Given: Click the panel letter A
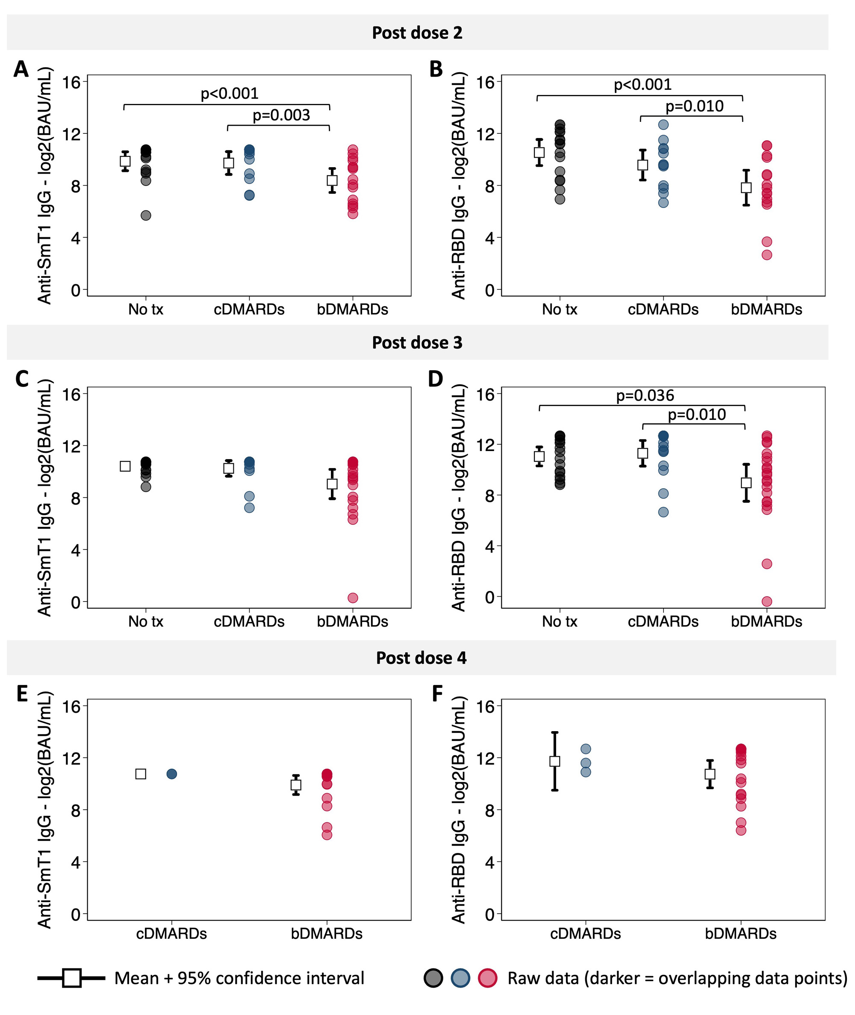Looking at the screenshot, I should pyautogui.click(x=21, y=69).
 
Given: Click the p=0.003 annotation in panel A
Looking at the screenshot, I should pyautogui.click(x=281, y=115).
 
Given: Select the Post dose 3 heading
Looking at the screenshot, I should pyautogui.click(x=417, y=343).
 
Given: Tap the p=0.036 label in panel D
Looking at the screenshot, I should pyautogui.click(x=645, y=395).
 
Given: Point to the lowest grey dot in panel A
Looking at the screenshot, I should pyautogui.click(x=146, y=215).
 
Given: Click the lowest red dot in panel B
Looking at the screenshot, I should pyautogui.click(x=767, y=255).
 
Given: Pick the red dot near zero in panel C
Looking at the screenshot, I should pyautogui.click(x=353, y=598).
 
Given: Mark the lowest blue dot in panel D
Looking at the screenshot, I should pyautogui.click(x=663, y=512).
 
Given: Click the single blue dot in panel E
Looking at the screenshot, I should pyautogui.click(x=172, y=774).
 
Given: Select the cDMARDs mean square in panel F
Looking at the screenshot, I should pyautogui.click(x=555, y=761).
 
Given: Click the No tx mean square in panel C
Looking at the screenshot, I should pyautogui.click(x=125, y=466).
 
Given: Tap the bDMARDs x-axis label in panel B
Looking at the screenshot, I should pyautogui.click(x=767, y=309).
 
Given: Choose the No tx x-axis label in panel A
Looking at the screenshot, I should pyautogui.click(x=145, y=309).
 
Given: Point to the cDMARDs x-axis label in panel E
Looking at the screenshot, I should pyautogui.click(x=171, y=934).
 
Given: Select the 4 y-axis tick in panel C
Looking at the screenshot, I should pyautogui.click(x=76, y=550).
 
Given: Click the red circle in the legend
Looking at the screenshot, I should pyautogui.click(x=488, y=978).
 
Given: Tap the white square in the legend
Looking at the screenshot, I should pyautogui.click(x=72, y=978).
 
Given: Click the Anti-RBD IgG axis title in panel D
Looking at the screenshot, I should pyautogui.click(x=459, y=497).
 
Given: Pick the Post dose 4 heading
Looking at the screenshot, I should pyautogui.click(x=421, y=658).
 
